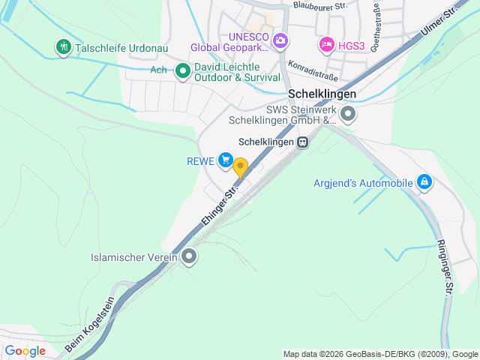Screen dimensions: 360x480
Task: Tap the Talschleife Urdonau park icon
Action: (x=63, y=47)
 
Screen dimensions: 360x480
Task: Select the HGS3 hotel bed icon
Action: (x=327, y=45)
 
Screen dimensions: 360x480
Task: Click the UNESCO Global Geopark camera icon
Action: (x=280, y=40)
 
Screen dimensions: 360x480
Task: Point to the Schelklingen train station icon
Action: (x=301, y=142)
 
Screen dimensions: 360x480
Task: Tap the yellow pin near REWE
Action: (x=240, y=166)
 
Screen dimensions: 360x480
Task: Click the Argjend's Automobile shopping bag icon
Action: (x=424, y=182)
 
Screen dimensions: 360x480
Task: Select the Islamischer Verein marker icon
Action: (x=189, y=257)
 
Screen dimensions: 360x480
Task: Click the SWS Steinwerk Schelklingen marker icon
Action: (x=348, y=115)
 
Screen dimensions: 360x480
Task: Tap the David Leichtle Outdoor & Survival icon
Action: (x=182, y=71)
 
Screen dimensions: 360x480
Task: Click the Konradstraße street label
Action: (x=313, y=71)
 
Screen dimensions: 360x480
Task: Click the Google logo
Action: (x=25, y=350)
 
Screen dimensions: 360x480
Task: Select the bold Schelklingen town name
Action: (x=322, y=94)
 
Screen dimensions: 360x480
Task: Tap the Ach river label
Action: (x=158, y=70)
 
